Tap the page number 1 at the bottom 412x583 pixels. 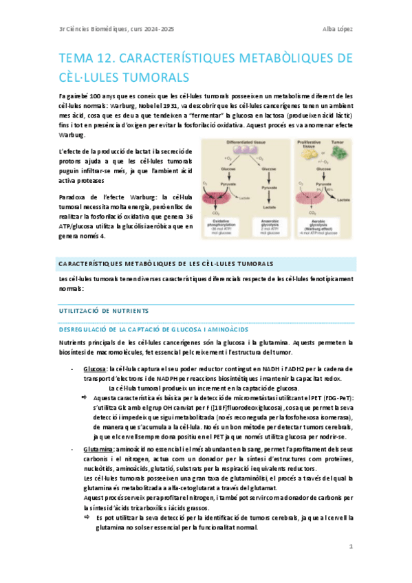pyautogui.click(x=351, y=547)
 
